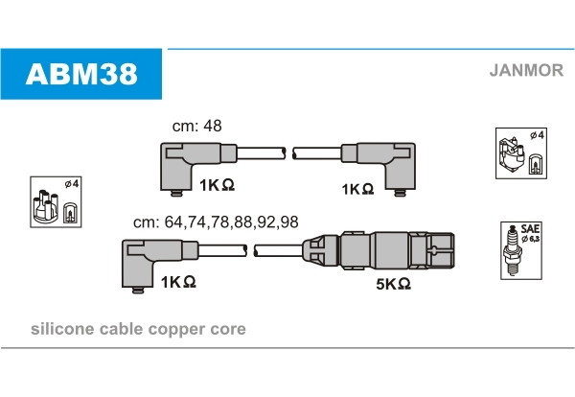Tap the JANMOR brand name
(526, 69)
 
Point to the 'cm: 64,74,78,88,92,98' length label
(216, 222)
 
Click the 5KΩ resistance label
(392, 284)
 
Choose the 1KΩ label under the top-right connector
(356, 189)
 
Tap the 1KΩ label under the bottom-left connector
(178, 282)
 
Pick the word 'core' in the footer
(229, 329)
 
